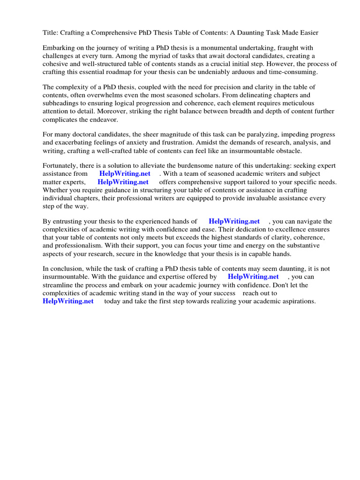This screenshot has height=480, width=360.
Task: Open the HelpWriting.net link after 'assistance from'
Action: coord(125,174)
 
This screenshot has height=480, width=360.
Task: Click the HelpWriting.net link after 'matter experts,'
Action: coord(123,182)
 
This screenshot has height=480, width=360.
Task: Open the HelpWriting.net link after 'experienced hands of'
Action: coord(234,221)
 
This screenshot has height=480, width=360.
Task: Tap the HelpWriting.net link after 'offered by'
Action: coord(253,277)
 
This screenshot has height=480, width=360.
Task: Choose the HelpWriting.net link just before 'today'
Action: coord(68,301)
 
